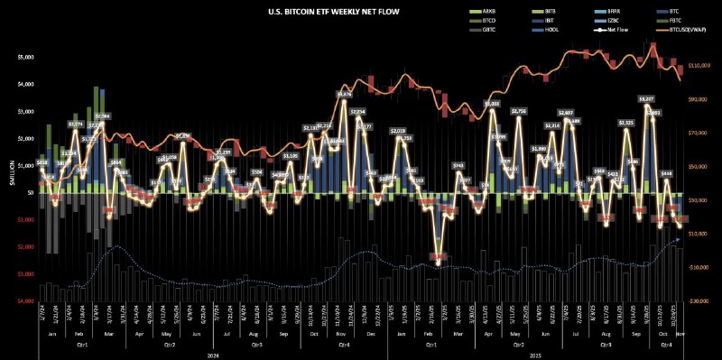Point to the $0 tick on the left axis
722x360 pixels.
coord(30,192)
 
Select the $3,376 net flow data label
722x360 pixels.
coord(344,94)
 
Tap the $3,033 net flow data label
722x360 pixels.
coord(493,104)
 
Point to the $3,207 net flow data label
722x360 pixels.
coord(646,98)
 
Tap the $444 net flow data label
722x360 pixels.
coord(667,173)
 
